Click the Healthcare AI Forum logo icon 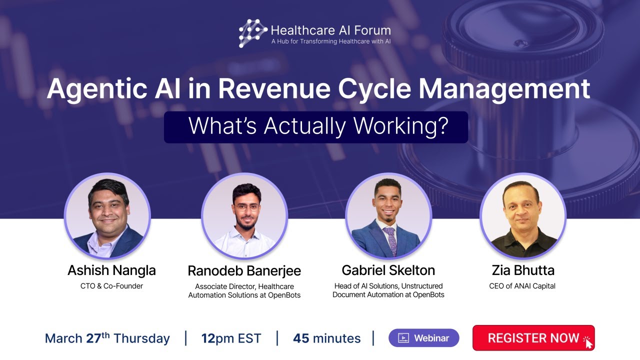point(253,33)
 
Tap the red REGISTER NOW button point(533,338)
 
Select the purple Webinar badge point(423,338)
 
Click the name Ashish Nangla point(111,270)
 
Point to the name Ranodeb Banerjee point(244,271)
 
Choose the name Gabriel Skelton point(388,270)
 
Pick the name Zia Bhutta point(522,270)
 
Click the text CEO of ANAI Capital point(522,286)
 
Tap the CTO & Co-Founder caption point(111,286)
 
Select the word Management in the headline point(504,89)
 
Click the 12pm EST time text point(231,338)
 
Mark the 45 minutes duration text point(326,338)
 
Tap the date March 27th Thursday point(107,338)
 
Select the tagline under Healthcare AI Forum point(330,41)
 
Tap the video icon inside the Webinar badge point(403,338)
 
